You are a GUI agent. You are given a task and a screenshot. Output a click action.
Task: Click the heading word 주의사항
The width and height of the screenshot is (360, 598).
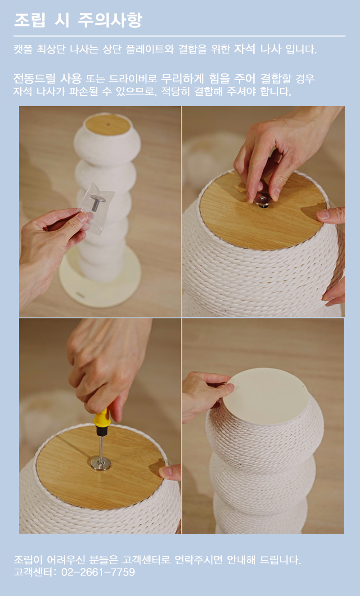point(110,20)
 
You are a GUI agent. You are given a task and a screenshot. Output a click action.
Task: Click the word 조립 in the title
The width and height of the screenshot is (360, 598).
point(30,20)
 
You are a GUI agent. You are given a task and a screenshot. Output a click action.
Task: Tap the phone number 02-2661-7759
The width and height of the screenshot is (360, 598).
point(98,572)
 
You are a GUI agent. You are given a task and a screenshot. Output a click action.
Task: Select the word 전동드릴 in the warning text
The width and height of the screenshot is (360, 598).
point(34,79)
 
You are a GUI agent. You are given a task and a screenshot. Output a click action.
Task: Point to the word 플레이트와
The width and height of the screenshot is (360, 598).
point(150,49)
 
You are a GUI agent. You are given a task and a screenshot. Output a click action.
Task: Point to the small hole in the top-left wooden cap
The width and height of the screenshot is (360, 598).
point(108,124)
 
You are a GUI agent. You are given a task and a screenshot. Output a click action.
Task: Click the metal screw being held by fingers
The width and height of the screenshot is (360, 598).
point(263,201)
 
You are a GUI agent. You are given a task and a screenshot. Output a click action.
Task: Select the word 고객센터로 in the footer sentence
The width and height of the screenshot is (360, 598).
point(146,559)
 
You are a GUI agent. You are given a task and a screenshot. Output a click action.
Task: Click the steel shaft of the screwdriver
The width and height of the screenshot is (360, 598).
point(101,446)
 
